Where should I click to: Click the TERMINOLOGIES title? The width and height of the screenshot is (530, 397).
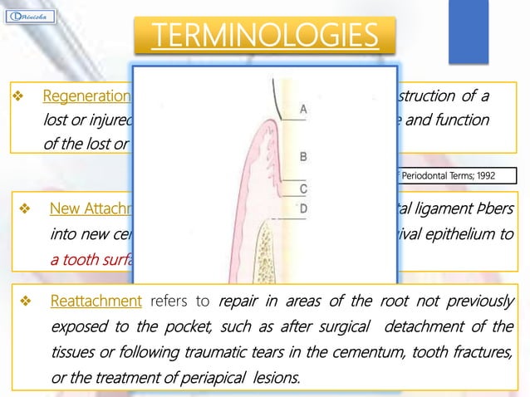264,36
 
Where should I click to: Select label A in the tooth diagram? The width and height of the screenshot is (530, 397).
303,109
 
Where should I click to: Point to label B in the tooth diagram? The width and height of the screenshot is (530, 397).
303,155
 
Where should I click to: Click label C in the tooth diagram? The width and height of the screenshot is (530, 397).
303,189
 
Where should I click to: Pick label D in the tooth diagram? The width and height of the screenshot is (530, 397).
303,208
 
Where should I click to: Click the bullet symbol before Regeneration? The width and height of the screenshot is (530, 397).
16,96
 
